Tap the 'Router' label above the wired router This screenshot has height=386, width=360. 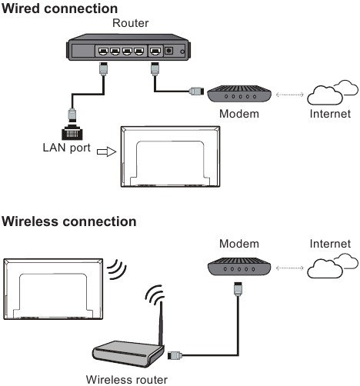(x=130, y=24)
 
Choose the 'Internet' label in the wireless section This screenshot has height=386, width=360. (x=330, y=244)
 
